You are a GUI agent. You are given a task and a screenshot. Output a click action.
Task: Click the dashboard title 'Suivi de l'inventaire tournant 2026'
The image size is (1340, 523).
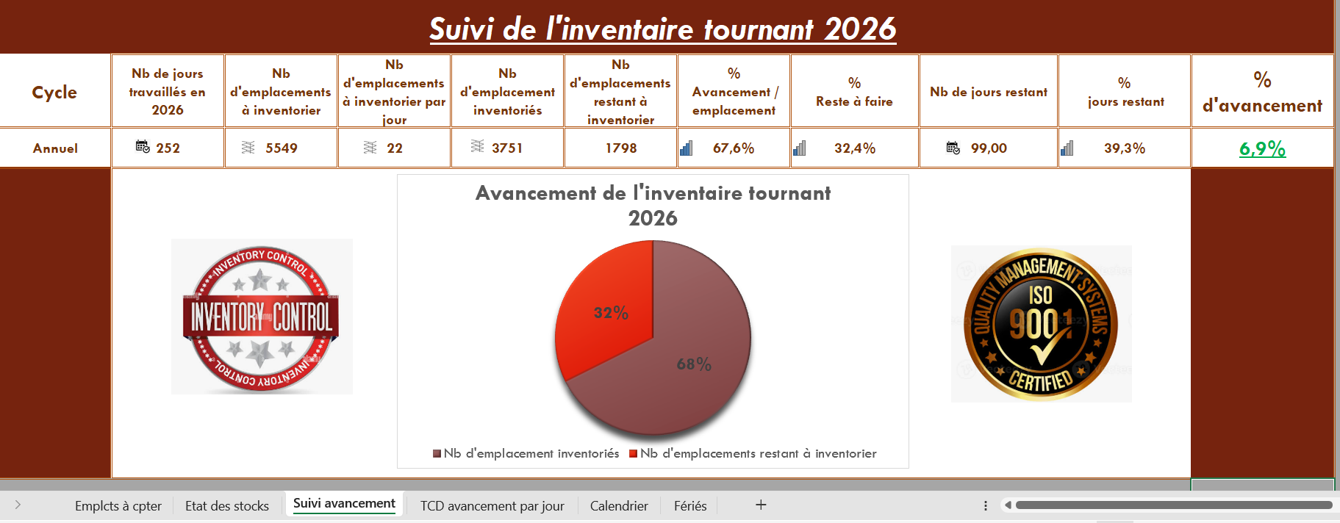point(662,29)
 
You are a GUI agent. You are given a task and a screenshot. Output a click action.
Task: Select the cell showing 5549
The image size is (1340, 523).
point(281,148)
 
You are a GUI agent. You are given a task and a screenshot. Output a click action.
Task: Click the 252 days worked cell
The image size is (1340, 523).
point(168,148)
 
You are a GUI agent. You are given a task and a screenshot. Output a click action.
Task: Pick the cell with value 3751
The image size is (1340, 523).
point(507,148)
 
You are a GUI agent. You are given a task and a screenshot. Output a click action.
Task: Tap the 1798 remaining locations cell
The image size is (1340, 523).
point(620,148)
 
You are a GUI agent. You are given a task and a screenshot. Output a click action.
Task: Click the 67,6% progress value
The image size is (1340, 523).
point(734,148)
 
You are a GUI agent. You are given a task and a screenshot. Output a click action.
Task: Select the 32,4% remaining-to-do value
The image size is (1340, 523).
point(855,148)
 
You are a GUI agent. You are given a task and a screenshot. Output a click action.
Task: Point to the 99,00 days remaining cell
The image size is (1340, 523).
point(989,148)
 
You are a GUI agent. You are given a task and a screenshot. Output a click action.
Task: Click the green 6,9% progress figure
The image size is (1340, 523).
point(1262,148)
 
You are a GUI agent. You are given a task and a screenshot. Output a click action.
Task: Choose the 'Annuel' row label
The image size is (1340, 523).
point(55,148)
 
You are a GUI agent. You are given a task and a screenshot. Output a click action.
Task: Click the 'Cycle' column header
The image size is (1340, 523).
point(54,92)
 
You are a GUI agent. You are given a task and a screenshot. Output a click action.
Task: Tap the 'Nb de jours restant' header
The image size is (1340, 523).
point(989,92)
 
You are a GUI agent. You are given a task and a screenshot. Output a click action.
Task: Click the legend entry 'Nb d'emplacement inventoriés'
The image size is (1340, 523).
point(526,453)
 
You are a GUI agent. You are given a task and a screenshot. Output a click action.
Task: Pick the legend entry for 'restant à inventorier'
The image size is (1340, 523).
point(753,453)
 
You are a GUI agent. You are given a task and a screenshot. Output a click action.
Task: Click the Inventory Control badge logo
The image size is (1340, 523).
point(262,317)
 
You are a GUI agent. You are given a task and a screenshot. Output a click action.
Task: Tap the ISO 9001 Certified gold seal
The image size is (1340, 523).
point(1041,324)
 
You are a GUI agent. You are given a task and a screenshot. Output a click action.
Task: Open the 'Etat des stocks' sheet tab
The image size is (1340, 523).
point(227,505)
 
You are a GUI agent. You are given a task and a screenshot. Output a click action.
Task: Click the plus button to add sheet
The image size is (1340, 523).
point(761,505)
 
